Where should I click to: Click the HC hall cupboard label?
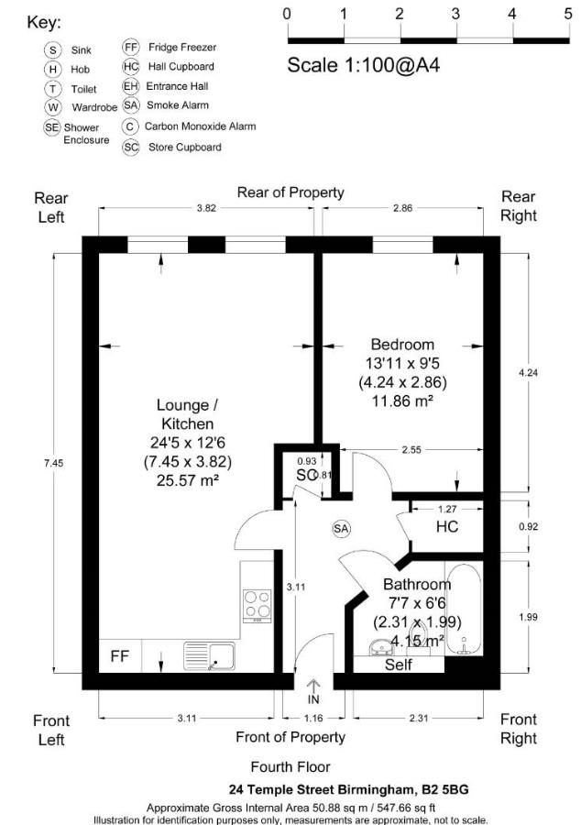click(x=446, y=528)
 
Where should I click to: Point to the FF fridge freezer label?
click(x=120, y=656)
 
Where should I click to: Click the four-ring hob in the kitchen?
click(x=258, y=606)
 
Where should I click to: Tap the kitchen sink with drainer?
click(x=209, y=655)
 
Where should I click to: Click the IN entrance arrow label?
click(x=313, y=700)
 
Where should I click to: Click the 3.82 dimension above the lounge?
click(x=207, y=208)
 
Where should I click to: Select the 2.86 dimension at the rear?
click(x=402, y=208)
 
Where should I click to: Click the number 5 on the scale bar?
click(x=567, y=14)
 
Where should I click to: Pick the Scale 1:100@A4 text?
click(x=356, y=65)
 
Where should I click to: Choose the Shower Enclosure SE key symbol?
click(x=52, y=127)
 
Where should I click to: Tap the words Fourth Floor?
click(x=290, y=767)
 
